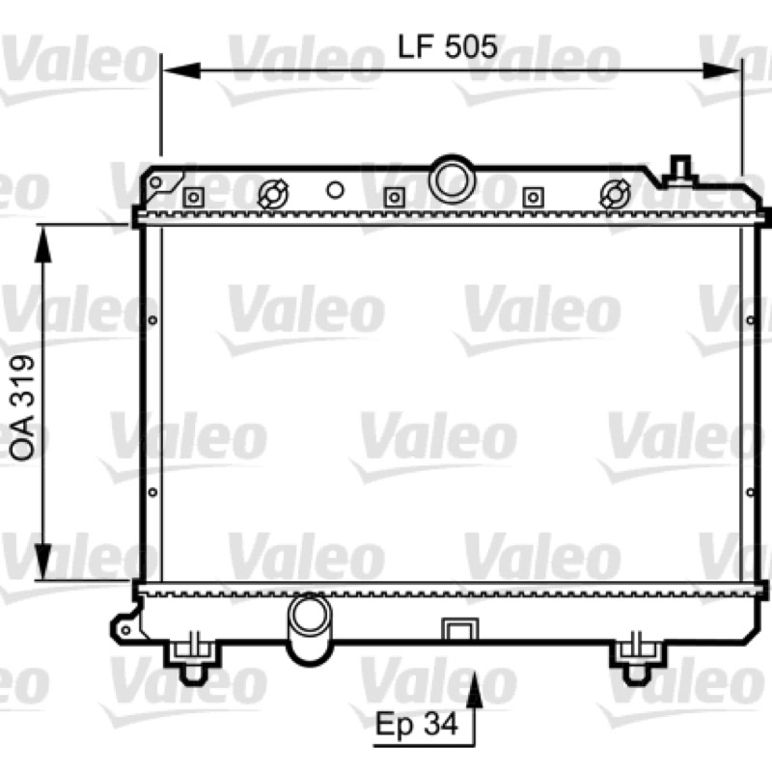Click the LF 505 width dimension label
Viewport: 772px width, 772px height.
pos(447,46)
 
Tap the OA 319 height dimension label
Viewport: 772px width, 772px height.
pos(23,407)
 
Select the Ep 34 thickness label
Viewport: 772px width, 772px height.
pos(417,723)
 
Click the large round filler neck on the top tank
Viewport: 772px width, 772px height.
pos(452,179)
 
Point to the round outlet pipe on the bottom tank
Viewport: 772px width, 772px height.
pos(309,628)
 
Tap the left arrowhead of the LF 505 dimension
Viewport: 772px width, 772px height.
pos(181,70)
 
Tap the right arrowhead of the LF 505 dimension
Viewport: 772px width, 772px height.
pos(721,70)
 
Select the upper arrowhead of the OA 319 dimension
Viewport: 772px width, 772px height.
pos(43,245)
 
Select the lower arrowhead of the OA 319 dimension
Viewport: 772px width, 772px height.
pos(43,562)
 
